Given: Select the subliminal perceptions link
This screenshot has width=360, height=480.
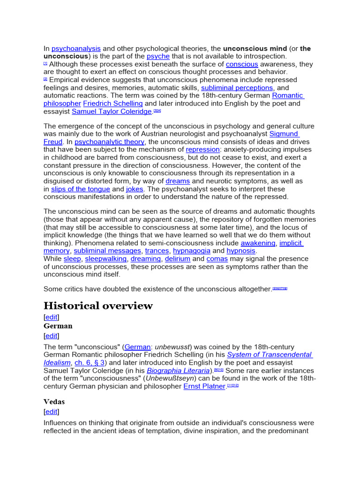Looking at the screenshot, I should (237, 88).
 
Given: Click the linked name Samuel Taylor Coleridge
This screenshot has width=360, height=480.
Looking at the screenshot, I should (112, 112).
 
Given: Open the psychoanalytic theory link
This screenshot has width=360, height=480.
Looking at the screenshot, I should (110, 142).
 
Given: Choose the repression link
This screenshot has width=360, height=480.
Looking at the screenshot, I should (200, 150).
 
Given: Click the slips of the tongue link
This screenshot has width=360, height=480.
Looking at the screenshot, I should (80, 189).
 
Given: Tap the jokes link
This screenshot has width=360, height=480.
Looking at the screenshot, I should (135, 189).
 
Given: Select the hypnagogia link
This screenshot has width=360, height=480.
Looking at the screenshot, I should (192, 251).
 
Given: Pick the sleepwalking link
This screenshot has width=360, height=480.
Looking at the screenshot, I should (105, 259).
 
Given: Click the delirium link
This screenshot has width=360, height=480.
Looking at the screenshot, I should (177, 259).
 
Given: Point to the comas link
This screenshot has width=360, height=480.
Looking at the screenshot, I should (217, 259).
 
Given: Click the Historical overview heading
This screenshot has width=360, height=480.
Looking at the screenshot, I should (98, 306).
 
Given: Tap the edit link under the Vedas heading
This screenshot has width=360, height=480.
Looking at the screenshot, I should (52, 412).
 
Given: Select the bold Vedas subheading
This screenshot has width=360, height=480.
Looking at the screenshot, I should (54, 402).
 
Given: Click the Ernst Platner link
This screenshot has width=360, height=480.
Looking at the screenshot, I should (204, 386).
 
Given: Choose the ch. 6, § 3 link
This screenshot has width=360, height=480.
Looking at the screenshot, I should (90, 363).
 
